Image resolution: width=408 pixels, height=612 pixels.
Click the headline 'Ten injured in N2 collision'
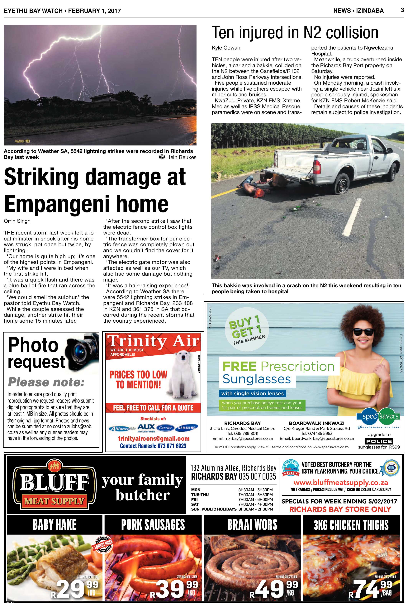(295, 33)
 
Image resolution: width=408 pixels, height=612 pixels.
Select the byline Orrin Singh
(17, 221)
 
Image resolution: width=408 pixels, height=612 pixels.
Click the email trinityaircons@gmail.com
(154, 439)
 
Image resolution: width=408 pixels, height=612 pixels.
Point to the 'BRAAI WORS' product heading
(252, 524)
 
